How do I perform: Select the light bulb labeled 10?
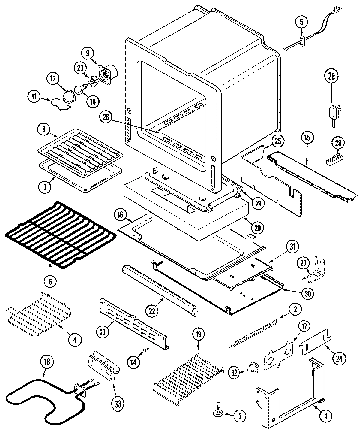pos(79,89)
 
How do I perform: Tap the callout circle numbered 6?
pos(50,281)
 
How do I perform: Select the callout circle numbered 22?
pos(152,311)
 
